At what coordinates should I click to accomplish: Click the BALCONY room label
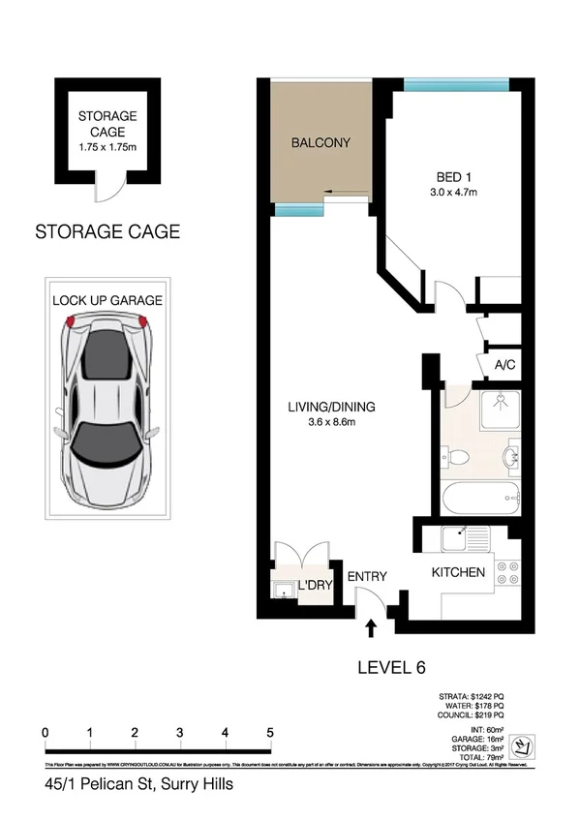click(x=321, y=143)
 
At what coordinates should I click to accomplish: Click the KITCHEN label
click(x=457, y=572)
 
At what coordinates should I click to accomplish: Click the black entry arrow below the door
click(x=371, y=630)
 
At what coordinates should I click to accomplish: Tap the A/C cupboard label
click(x=504, y=366)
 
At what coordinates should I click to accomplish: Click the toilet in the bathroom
click(x=456, y=455)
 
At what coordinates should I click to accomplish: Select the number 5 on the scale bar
click(x=270, y=733)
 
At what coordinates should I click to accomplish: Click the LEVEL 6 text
click(x=392, y=667)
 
